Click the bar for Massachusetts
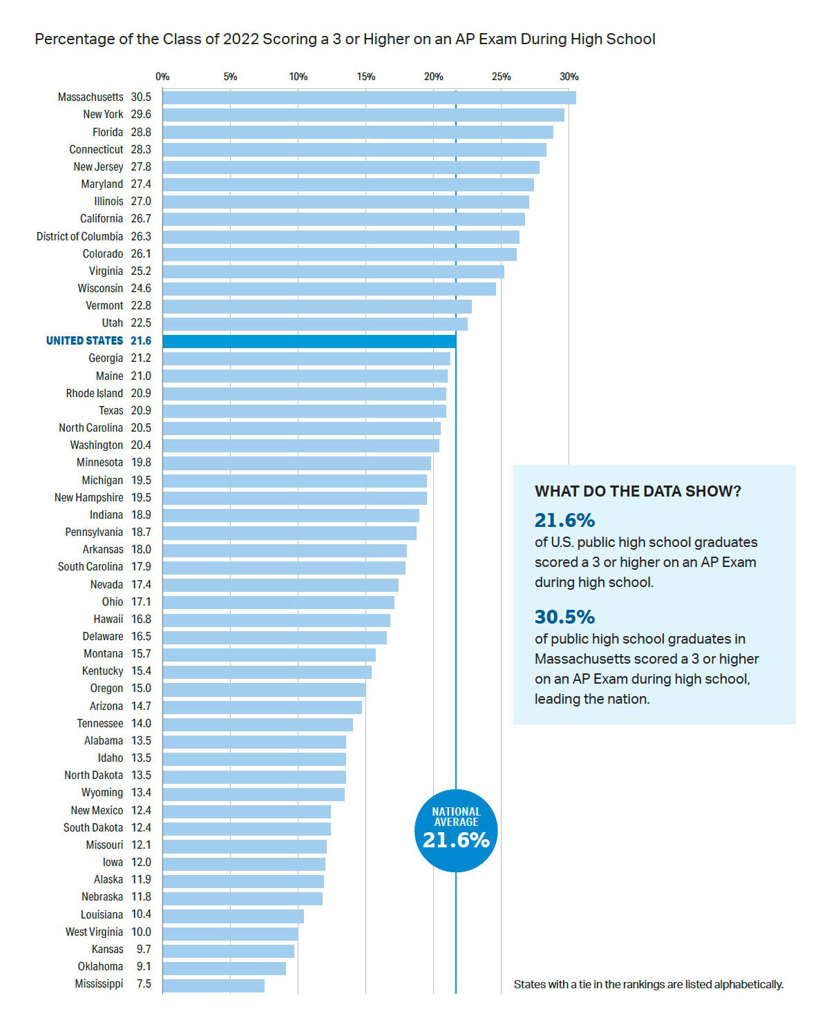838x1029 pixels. pos(369,97)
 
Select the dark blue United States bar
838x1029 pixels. pos(309,341)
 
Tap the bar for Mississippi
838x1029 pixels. pos(213,985)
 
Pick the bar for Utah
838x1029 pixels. pos(315,323)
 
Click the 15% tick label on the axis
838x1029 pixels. pos(365,77)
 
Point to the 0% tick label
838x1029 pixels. pos(162,77)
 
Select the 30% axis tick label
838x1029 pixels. pos(569,77)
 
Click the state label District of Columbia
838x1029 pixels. pos(79,236)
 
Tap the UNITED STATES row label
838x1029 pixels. pos(84,341)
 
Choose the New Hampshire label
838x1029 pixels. pos(88,497)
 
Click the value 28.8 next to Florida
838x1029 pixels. pos(141,132)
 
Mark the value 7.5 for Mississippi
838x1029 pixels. pos(144,983)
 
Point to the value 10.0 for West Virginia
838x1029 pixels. pos(141,932)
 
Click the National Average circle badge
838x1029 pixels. pos(456,830)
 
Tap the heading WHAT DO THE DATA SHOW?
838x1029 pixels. pos(637,492)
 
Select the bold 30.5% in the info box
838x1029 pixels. pos(564,617)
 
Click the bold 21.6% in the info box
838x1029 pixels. pos(564,520)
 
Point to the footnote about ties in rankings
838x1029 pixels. pos(648,984)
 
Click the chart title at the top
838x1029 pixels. pos(345,39)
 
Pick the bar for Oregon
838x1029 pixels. pos(264,689)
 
